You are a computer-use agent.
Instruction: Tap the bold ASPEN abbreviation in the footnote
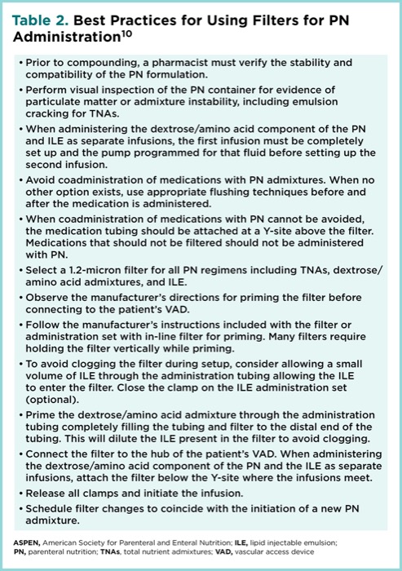coord(27,541)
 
